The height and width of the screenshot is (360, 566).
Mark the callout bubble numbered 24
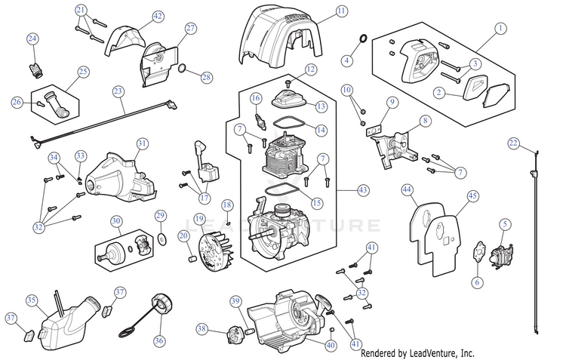click(x=32, y=38)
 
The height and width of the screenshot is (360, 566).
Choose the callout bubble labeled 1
click(x=499, y=29)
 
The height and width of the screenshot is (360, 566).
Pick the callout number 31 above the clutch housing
click(x=142, y=143)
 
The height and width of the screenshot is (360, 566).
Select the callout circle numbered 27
click(x=190, y=29)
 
